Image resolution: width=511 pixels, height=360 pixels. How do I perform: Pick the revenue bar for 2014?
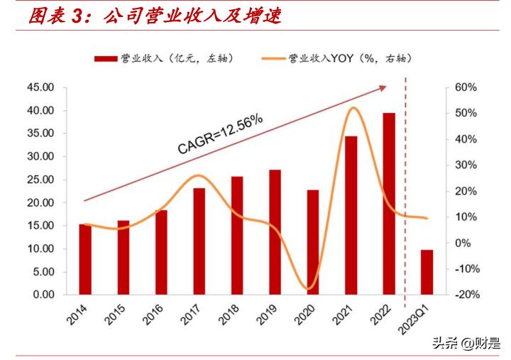click(x=85, y=259)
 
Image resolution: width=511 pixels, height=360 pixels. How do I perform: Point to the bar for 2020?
click(x=313, y=242)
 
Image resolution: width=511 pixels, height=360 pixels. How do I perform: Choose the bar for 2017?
click(x=199, y=241)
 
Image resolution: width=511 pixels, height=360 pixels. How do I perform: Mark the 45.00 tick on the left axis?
click(x=40, y=87)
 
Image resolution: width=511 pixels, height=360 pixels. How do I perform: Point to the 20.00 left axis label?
click(x=40, y=202)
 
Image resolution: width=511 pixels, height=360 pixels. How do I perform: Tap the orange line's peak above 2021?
click(x=353, y=108)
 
